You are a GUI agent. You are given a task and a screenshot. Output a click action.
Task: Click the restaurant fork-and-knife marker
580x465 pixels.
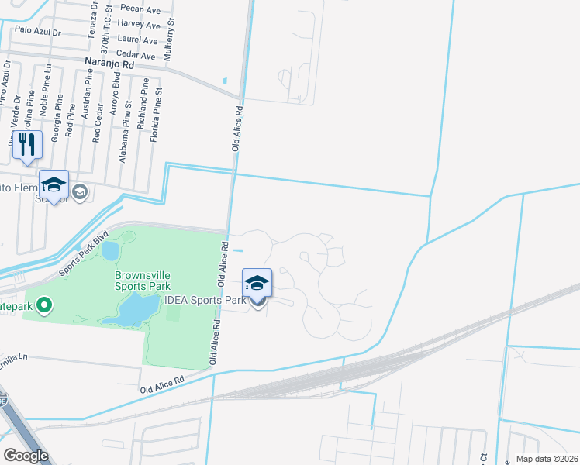point(28,145)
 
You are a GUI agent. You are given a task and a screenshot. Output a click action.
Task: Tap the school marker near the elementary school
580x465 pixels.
point(54,185)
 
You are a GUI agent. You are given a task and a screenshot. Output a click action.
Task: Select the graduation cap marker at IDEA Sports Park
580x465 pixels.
point(257,284)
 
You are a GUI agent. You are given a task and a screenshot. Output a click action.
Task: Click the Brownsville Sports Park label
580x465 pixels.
point(143,280)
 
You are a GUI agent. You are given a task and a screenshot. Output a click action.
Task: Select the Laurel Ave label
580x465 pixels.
point(138,40)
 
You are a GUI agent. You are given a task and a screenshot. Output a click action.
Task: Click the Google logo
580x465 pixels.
point(26,456)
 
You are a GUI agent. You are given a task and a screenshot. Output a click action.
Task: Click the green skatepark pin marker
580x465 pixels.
point(44,305)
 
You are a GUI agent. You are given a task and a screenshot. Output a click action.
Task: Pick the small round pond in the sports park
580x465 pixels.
point(110,250)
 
